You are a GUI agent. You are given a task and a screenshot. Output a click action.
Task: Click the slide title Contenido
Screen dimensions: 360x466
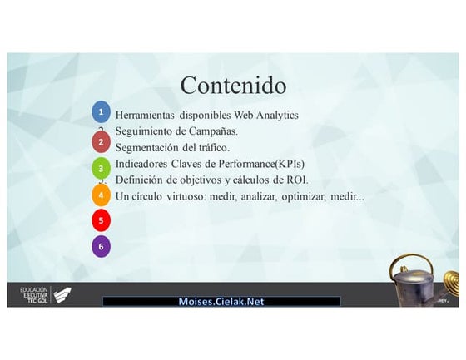(233, 85)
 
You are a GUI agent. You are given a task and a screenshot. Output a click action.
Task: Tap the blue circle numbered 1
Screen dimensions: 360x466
(101, 111)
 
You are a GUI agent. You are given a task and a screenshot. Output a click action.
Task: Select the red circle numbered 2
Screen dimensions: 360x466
(101, 141)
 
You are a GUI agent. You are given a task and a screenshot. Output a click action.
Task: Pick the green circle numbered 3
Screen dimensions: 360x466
(101, 169)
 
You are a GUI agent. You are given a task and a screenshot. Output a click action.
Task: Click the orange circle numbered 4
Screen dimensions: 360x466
(101, 195)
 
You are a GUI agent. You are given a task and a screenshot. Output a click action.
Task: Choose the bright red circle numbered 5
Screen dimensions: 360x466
(101, 220)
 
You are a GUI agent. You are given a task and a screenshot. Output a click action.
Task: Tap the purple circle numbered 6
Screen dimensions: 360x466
(101, 246)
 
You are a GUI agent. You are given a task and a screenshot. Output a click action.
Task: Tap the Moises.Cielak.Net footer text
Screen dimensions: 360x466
(221, 302)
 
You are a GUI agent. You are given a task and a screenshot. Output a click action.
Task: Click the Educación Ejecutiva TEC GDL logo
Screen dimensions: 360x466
(45, 294)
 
